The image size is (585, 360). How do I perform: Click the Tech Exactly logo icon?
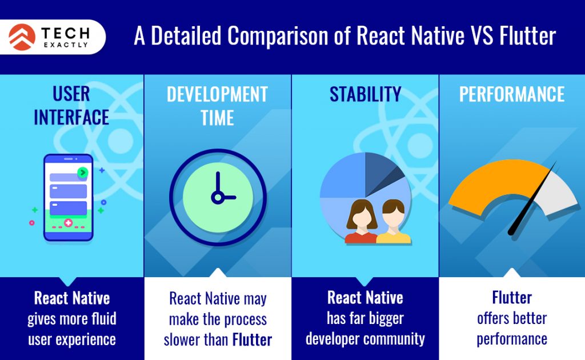[22, 37]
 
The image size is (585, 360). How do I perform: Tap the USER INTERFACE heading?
[71, 106]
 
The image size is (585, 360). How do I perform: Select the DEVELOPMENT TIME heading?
[217, 106]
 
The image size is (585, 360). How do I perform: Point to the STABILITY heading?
[365, 94]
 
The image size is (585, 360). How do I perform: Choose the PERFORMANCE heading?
[512, 94]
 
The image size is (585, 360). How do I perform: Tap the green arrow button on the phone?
[83, 172]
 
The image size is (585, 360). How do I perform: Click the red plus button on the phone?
[69, 222]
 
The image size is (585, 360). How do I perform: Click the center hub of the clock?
[217, 198]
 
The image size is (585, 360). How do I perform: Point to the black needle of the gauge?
[531, 200]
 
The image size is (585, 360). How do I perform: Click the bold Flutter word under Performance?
[512, 298]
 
